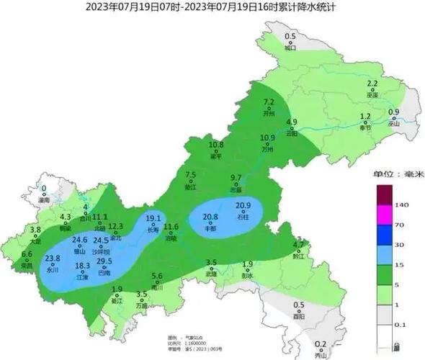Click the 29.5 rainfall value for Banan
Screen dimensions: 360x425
point(104,261)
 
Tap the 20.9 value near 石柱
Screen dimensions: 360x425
point(243,205)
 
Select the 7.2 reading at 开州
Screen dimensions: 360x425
point(269,102)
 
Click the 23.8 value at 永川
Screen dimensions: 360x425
point(53,258)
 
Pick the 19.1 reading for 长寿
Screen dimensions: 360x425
point(153,219)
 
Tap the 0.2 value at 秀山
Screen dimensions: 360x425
point(321,343)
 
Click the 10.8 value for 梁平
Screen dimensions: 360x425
point(216,145)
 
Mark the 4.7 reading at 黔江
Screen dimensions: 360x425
point(300,244)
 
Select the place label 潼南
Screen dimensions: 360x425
point(43,201)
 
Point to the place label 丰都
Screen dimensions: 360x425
point(210,228)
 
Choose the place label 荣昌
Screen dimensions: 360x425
point(27,265)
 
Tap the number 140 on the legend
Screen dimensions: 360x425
point(402,204)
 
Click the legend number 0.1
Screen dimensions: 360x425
point(401,325)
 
